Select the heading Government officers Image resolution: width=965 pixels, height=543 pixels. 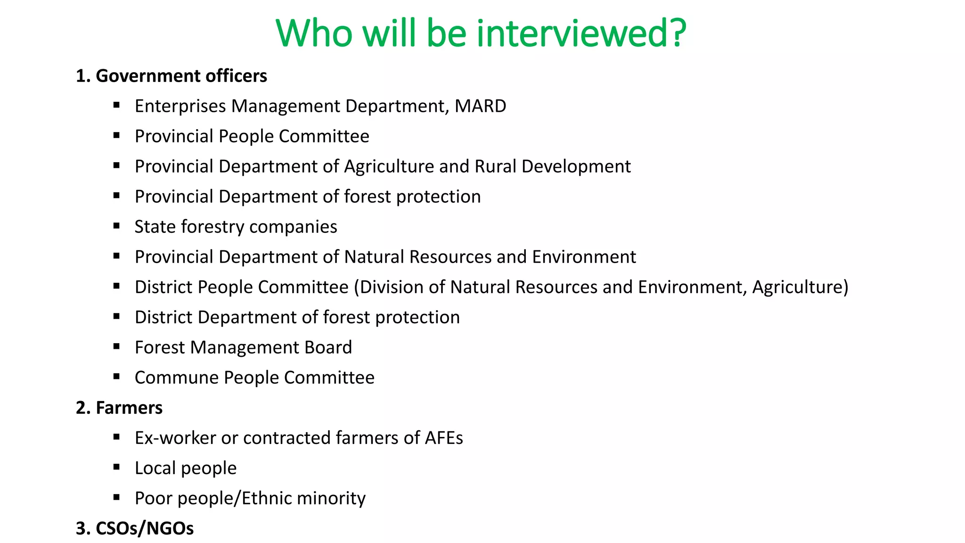coord(181,76)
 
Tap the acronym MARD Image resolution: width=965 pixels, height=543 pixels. coord(480,106)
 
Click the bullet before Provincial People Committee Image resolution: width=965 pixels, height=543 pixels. coord(116,136)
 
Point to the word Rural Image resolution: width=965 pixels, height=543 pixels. coord(496,166)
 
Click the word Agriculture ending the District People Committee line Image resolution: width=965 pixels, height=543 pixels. coord(800,287)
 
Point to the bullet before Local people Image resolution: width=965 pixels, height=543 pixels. coord(116,468)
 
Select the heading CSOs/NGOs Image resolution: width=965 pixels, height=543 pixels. coord(144,528)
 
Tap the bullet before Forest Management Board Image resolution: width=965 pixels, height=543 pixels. coord(116,347)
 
